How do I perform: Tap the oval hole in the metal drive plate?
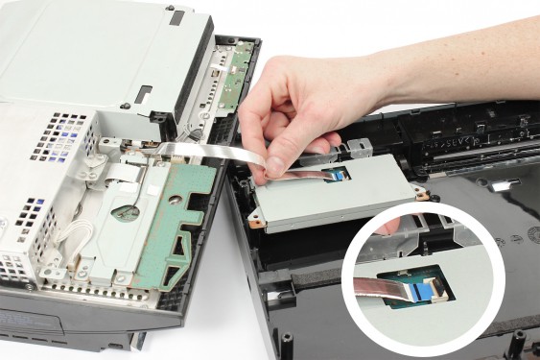124,212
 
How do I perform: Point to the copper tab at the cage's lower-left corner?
255,219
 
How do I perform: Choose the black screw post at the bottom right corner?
519,340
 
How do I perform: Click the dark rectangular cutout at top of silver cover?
176,16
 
